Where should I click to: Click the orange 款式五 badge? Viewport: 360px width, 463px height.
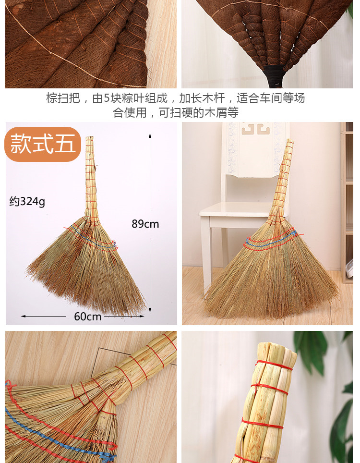(x=43, y=144)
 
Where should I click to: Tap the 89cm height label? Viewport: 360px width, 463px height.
(x=145, y=224)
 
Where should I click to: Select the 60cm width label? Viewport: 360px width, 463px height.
(x=88, y=317)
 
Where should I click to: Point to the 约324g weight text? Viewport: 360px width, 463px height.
(x=27, y=202)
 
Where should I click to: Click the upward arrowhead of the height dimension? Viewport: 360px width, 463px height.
(x=150, y=135)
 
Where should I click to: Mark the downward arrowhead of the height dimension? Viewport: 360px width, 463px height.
(x=150, y=310)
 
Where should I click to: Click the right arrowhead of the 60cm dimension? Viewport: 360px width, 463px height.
(x=142, y=316)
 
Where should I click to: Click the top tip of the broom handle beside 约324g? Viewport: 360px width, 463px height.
(x=90, y=137)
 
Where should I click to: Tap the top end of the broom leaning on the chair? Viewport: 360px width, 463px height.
(x=290, y=141)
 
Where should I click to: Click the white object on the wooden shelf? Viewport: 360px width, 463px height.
(x=349, y=268)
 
